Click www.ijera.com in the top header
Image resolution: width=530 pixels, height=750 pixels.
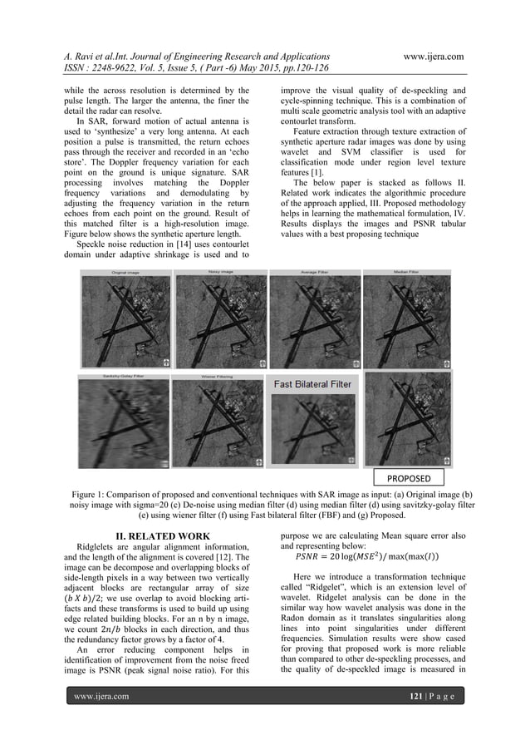pyautogui.click(x=421, y=56)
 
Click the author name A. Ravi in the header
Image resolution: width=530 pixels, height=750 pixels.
pyautogui.click(x=85, y=56)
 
